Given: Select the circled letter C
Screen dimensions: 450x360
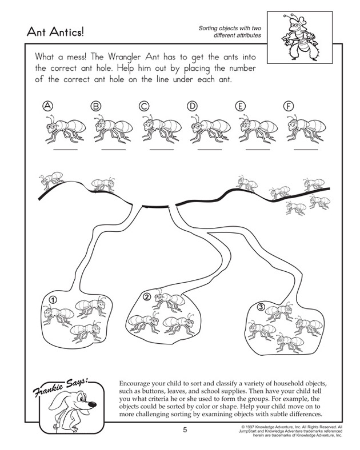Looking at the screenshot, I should [x=143, y=106].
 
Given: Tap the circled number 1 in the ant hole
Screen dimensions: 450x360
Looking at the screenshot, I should [x=52, y=299].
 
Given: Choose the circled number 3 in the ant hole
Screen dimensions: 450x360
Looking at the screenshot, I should [x=260, y=307].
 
